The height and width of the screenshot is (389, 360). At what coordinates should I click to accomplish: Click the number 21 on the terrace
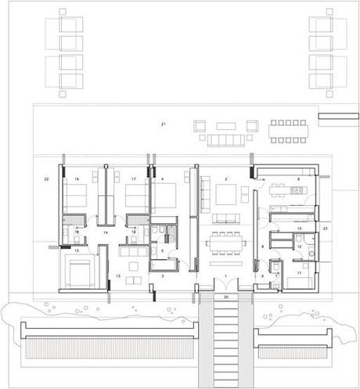164,124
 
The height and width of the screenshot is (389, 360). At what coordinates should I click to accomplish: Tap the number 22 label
47,180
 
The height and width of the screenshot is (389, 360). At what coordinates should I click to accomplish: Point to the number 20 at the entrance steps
225,297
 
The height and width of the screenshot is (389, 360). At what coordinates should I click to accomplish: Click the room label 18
77,180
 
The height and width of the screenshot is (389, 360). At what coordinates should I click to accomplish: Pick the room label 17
134,180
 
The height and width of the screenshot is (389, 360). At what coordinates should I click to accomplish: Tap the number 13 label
118,276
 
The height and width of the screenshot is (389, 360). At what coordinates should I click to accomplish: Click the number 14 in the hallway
105,232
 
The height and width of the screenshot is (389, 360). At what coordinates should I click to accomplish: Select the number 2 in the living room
225,180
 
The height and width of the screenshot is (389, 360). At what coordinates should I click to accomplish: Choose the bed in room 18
74,200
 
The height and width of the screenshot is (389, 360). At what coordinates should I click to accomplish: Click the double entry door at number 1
225,288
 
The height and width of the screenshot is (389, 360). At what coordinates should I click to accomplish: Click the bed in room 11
297,283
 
